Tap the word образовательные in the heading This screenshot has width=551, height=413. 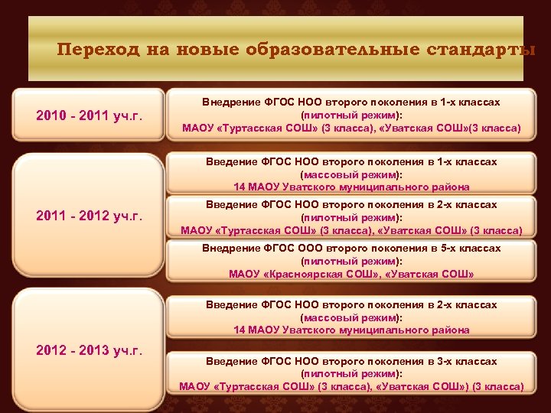coord(332,50)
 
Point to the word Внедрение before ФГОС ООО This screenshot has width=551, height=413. coord(230,248)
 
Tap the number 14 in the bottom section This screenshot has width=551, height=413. coord(240,330)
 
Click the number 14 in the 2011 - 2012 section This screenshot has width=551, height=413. coord(240,187)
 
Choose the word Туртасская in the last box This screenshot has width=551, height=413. coord(246,387)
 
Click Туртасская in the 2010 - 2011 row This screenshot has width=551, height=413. coord(250,128)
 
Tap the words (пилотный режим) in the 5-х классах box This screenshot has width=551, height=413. coord(351,261)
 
